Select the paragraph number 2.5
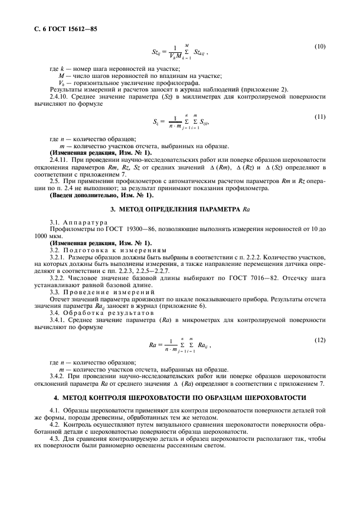(x=56, y=180)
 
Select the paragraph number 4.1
(x=55, y=410)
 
